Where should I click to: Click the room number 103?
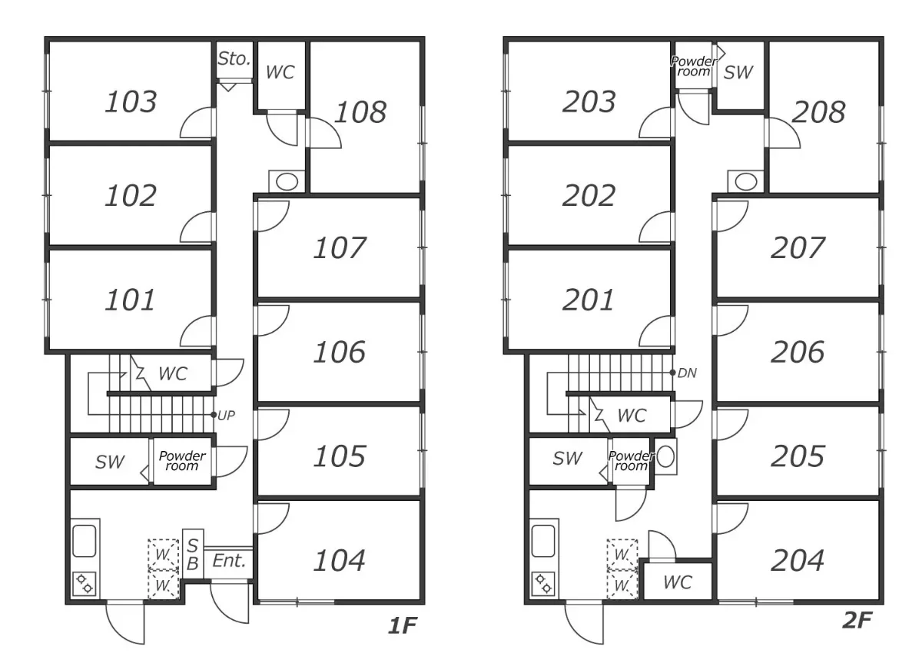[131, 101]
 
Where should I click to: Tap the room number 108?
[360, 112]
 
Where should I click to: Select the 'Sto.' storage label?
[234, 59]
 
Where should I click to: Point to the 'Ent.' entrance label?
[229, 561]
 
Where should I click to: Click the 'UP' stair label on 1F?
[226, 416]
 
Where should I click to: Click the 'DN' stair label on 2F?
[687, 373]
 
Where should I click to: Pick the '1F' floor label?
[403, 625]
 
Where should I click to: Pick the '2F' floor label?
[857, 620]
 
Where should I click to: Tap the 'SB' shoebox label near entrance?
[193, 555]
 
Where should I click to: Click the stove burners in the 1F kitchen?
[85, 584]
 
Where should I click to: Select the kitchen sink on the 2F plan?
[543, 541]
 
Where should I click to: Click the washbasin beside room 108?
[287, 181]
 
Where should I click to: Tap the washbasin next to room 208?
[745, 181]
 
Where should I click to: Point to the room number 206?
[798, 352]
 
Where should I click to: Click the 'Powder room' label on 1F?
[182, 460]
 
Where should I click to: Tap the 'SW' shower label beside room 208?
[738, 72]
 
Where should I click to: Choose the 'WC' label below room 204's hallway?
[678, 582]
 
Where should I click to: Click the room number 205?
[798, 456]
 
